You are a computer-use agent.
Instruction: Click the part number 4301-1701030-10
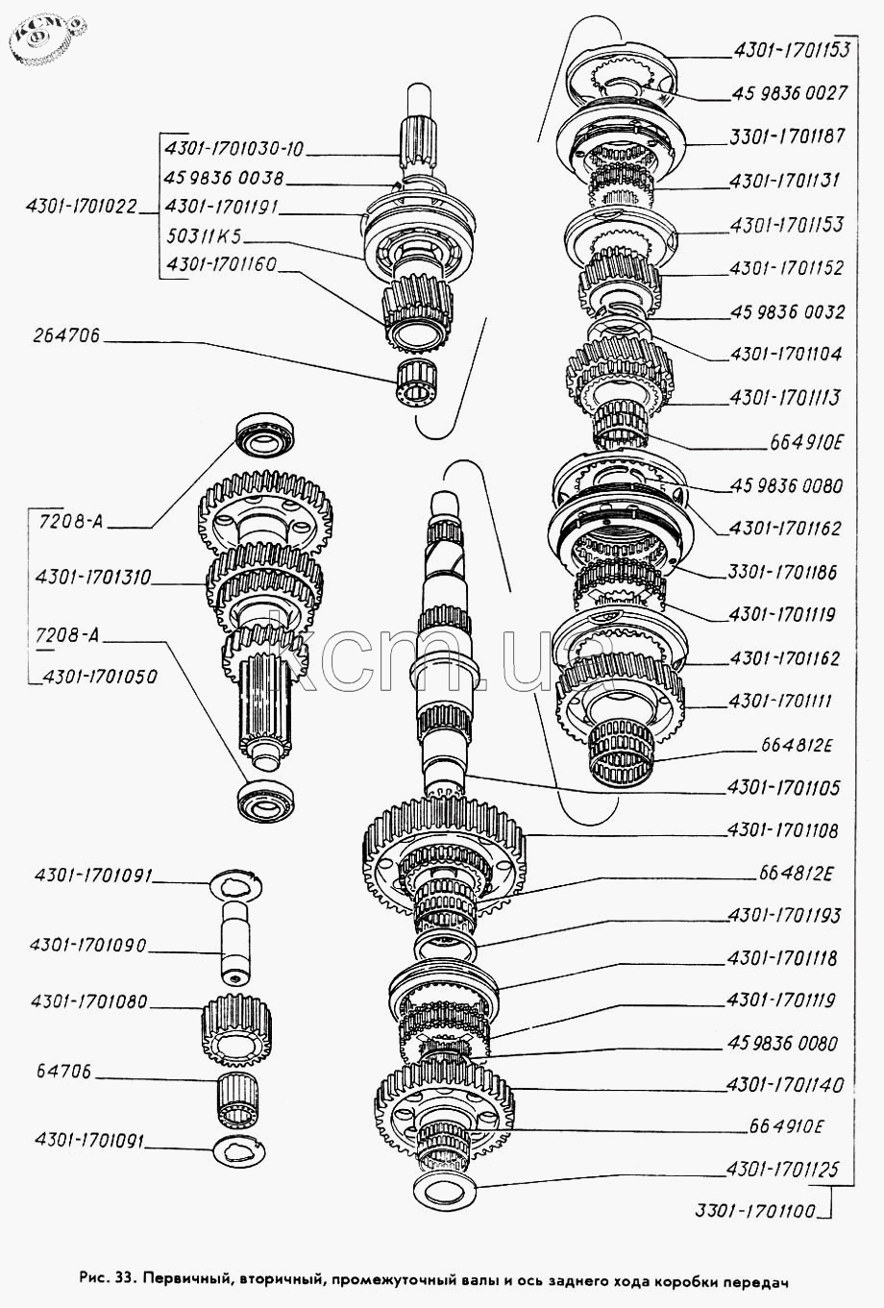(x=233, y=148)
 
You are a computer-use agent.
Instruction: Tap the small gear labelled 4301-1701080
(x=239, y=1026)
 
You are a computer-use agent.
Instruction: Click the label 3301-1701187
(x=787, y=136)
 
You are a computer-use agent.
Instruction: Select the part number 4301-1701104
(x=785, y=353)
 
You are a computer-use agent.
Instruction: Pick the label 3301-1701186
(x=782, y=572)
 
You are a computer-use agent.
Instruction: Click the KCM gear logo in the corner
(x=46, y=39)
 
